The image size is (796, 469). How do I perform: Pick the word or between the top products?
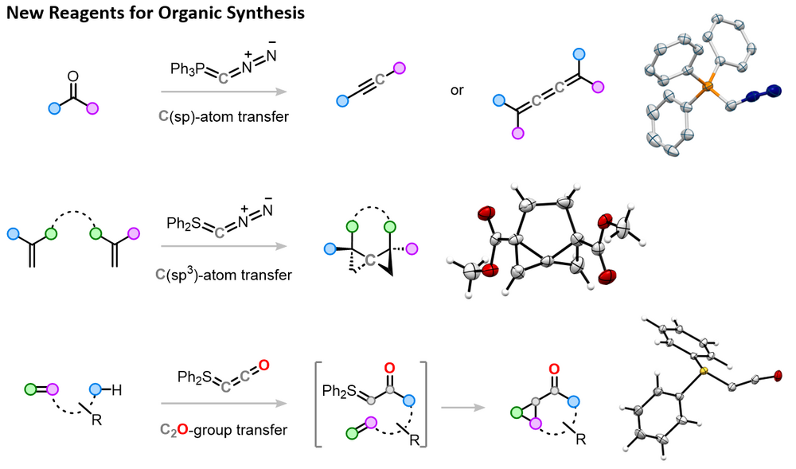pos(457,90)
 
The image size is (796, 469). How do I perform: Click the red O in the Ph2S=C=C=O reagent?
pos(265,365)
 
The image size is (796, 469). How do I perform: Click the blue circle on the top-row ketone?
pos(54,107)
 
